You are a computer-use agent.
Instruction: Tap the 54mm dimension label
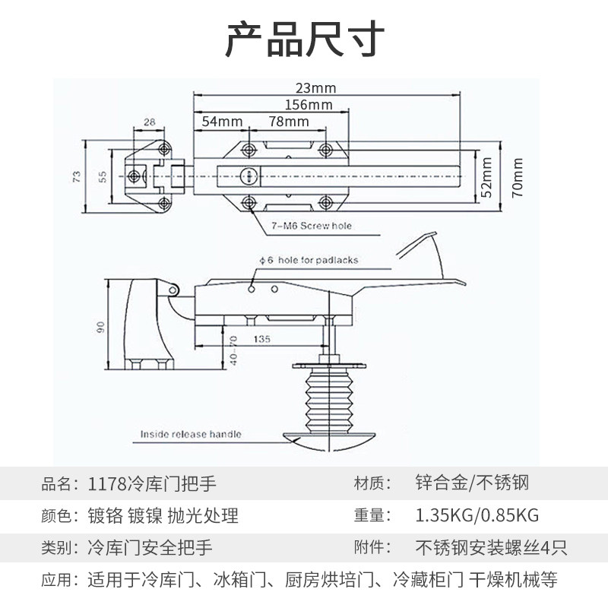click(222, 122)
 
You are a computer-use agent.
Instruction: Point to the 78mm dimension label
click(288, 122)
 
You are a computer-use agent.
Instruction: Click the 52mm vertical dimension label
click(488, 177)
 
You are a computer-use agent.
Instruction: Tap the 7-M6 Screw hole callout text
click(312, 226)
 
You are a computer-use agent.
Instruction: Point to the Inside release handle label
click(191, 434)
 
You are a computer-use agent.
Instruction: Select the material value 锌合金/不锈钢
click(472, 483)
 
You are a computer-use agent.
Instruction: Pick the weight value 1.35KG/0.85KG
click(477, 515)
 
